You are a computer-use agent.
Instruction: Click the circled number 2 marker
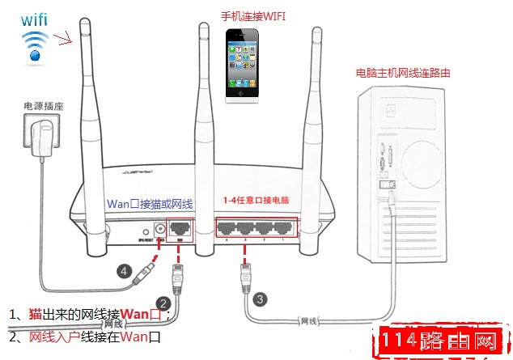pos(163,304)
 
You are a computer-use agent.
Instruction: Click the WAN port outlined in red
pos(180,229)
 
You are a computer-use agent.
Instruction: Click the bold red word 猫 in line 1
pos(36,314)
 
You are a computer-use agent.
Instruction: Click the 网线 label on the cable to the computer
pos(310,321)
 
